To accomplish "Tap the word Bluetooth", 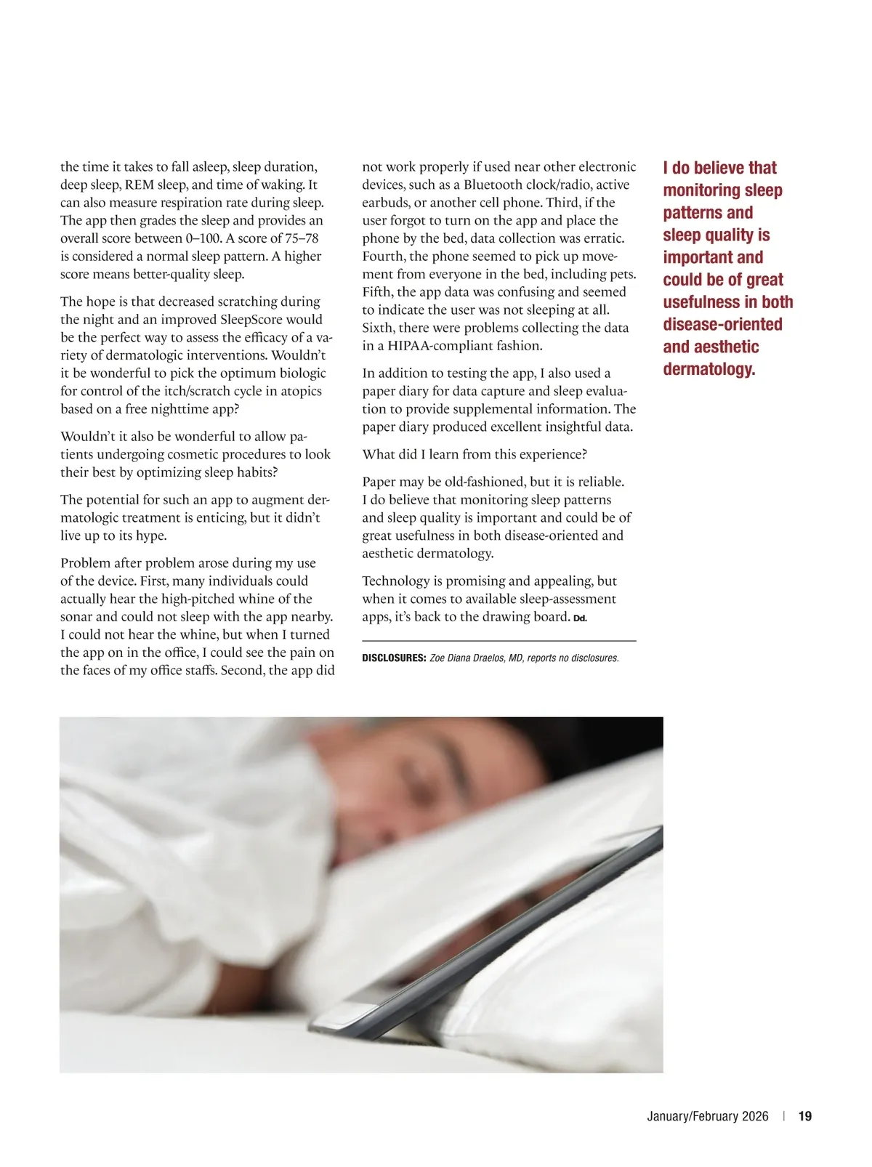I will [x=495, y=185].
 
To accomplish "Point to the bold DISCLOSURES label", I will [x=394, y=658].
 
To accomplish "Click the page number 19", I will [x=805, y=1116].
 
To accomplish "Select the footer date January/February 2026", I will [x=707, y=1116].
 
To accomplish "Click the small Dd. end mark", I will [x=580, y=618].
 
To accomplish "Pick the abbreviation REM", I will [x=140, y=185].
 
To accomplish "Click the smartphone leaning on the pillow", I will [x=509, y=923].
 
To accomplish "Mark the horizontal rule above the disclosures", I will [x=499, y=641].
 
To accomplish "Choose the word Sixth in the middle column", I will [x=379, y=328].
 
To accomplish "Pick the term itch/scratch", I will [x=190, y=391].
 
